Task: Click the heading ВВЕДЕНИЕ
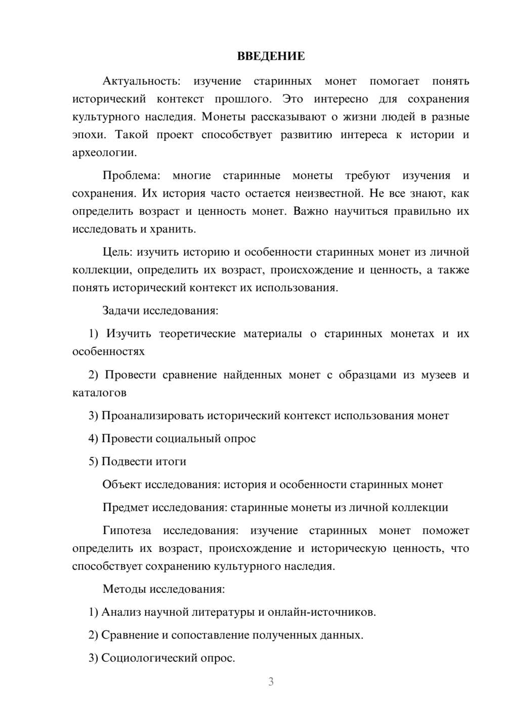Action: coord(271,56)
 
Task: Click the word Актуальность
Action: coord(141,81)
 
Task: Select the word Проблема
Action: coord(131,176)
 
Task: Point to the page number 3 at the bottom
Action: coord(271,682)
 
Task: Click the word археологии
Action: coord(104,152)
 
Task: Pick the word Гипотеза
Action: coord(126,531)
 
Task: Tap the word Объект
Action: coord(122,485)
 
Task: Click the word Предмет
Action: coord(125,507)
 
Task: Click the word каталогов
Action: coord(99,392)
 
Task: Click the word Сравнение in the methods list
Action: coord(130,635)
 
